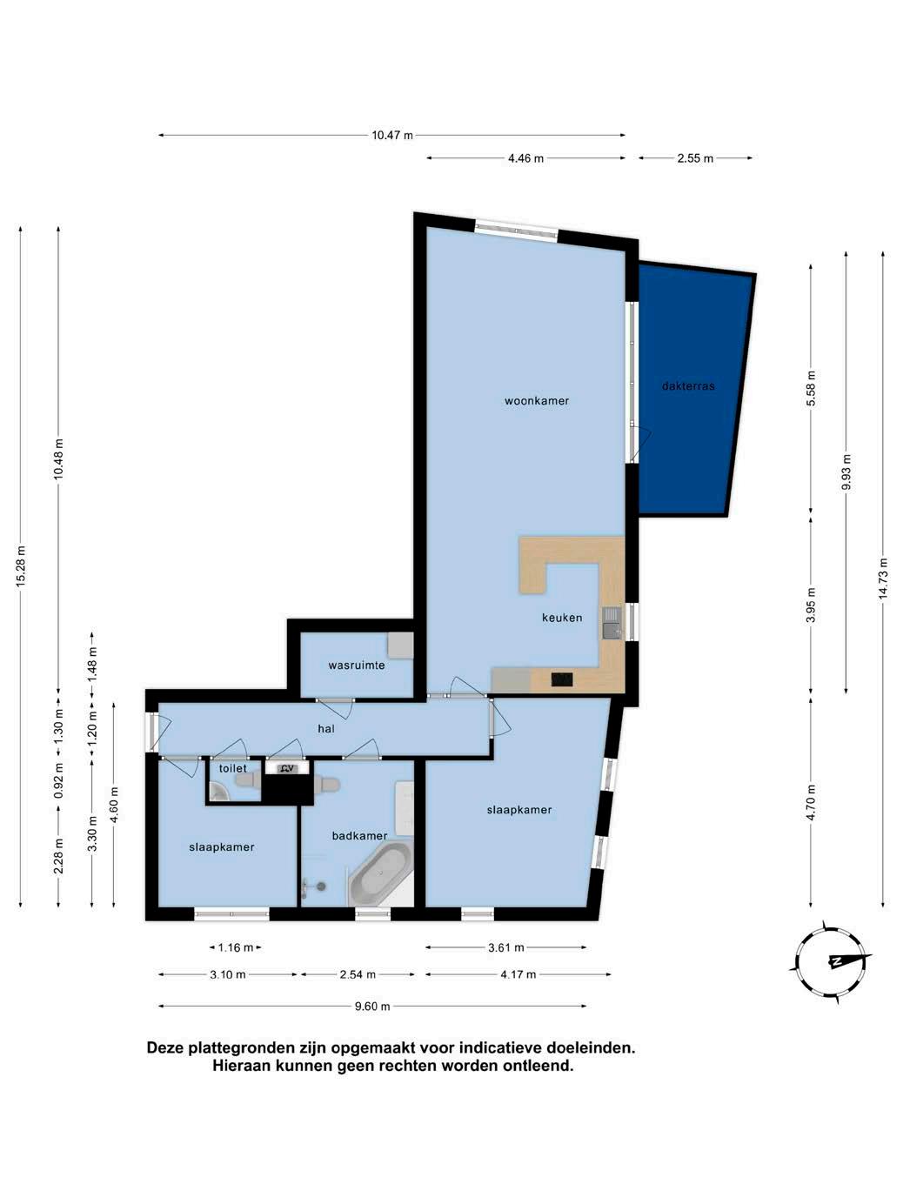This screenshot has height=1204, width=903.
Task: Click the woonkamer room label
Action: [x=536, y=401]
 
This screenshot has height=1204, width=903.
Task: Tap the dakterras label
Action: [x=687, y=386]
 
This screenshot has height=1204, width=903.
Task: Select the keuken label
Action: [x=562, y=618]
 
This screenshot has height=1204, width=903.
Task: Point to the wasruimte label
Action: [x=357, y=666]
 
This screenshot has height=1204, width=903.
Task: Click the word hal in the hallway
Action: [x=325, y=729]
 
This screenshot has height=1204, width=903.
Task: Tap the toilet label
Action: [x=233, y=768]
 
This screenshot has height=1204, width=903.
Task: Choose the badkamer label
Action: [x=359, y=836]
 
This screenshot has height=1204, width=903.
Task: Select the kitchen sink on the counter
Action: [x=612, y=623]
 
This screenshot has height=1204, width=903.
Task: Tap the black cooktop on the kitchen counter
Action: [x=562, y=680]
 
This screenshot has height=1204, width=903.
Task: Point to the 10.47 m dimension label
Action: [x=392, y=135]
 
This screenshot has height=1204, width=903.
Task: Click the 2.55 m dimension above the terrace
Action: [x=695, y=158]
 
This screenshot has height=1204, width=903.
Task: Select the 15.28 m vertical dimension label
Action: [x=21, y=566]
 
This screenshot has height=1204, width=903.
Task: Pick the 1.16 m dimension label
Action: [x=235, y=947]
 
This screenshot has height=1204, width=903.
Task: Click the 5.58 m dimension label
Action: [x=811, y=388]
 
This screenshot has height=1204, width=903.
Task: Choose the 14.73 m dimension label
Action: [x=883, y=579]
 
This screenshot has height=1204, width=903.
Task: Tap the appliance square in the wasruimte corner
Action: [x=400, y=645]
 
